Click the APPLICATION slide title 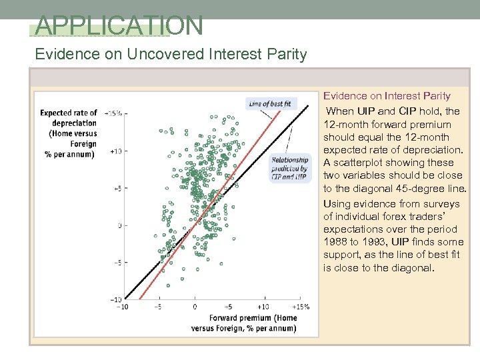119,25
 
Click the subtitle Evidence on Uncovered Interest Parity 171,54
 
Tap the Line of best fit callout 270,103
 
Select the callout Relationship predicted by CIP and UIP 289,169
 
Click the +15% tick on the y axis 111,113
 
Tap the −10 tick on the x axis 123,307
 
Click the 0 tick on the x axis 194,307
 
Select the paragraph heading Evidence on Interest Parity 387,96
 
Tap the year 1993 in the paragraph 373,242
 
